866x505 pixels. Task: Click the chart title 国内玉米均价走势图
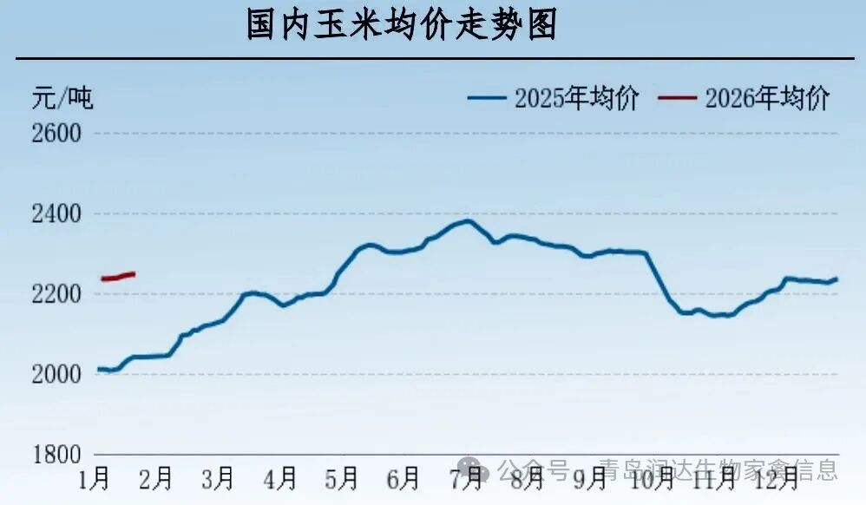pyautogui.click(x=401, y=26)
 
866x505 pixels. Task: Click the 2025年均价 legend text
pyautogui.click(x=576, y=98)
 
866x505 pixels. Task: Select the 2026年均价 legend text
pyautogui.click(x=767, y=98)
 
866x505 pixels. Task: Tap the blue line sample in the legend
pyautogui.click(x=487, y=98)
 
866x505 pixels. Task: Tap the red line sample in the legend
pyautogui.click(x=677, y=98)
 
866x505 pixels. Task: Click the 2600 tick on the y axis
pyautogui.click(x=56, y=134)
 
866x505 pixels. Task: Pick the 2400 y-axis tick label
pyautogui.click(x=56, y=214)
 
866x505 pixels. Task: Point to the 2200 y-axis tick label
pyautogui.click(x=56, y=294)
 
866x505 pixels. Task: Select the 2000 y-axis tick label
pyautogui.click(x=56, y=375)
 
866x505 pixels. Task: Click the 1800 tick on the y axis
pyautogui.click(x=56, y=455)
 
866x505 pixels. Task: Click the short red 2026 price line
pyautogui.click(x=118, y=277)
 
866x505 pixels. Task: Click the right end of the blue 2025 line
pyautogui.click(x=836, y=279)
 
